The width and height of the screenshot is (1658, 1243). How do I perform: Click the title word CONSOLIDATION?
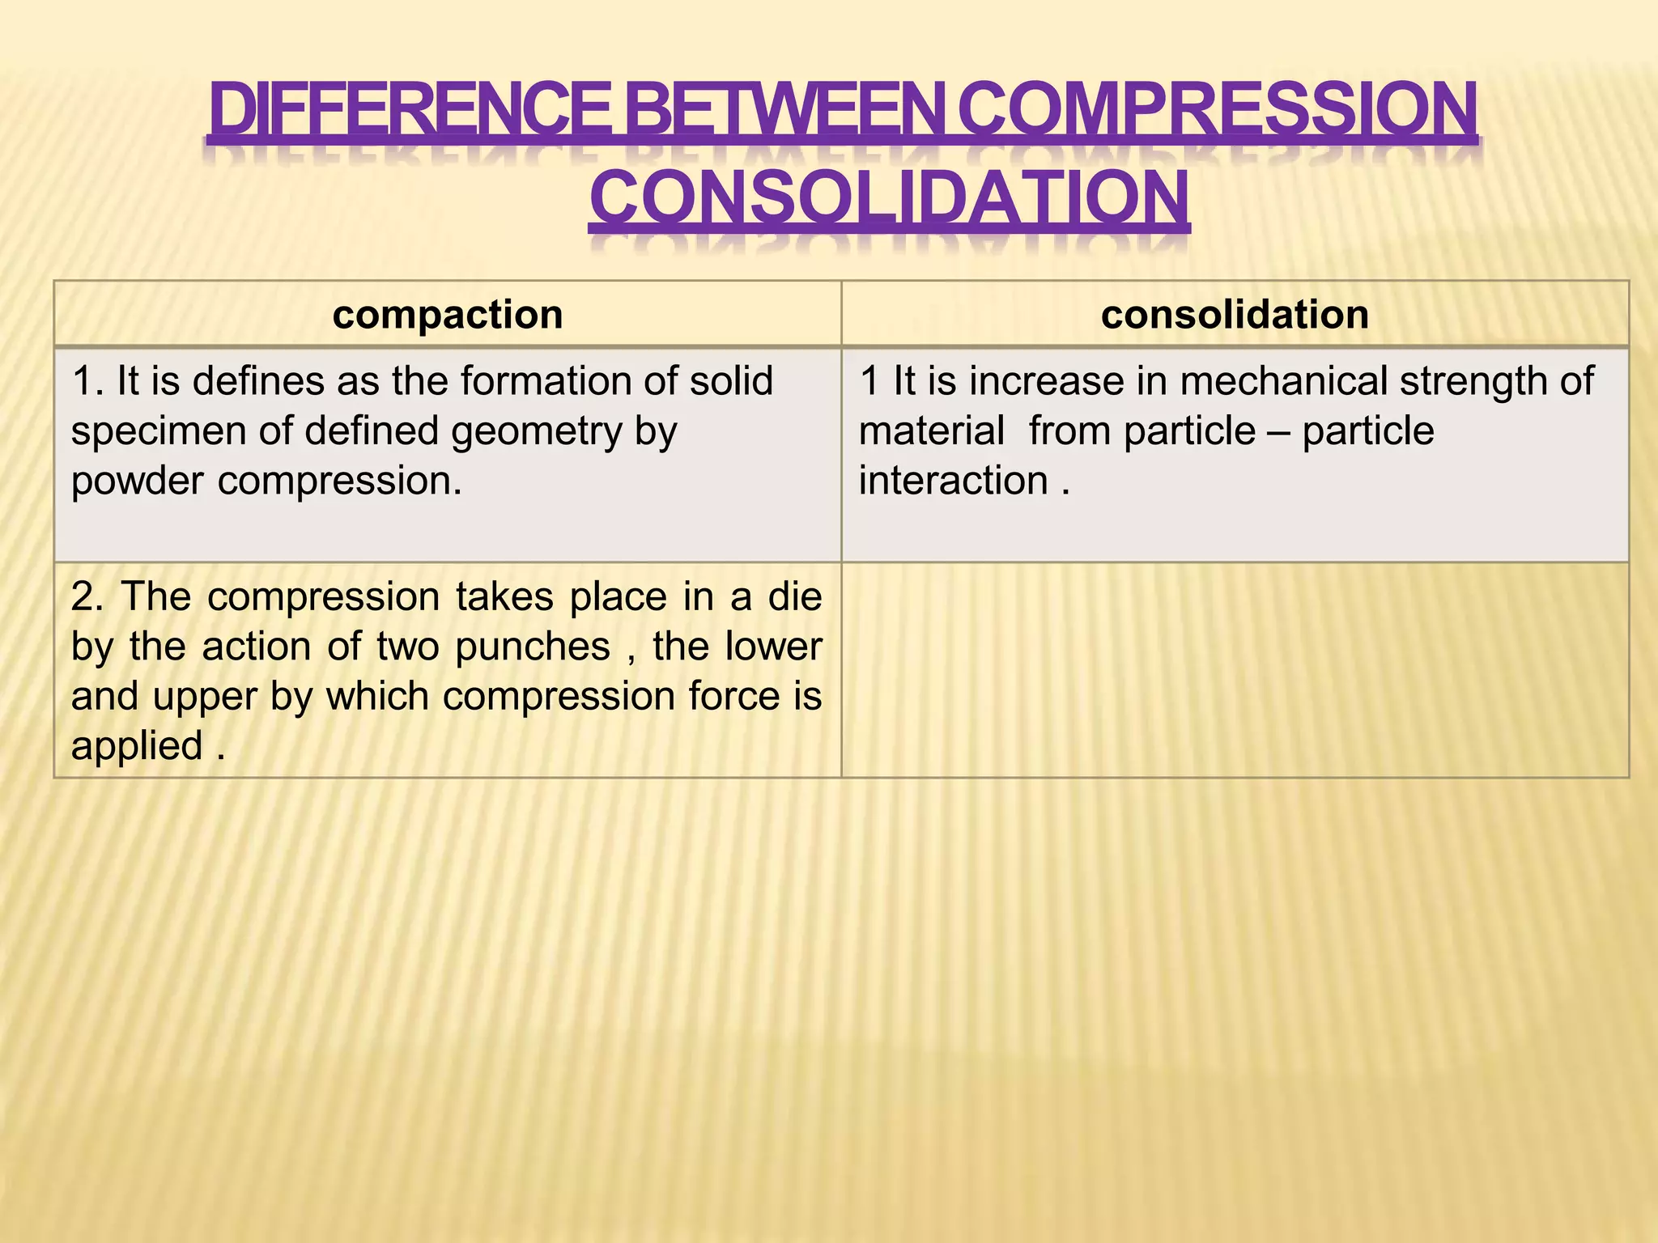pos(889,198)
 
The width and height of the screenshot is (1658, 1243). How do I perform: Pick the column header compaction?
pos(448,315)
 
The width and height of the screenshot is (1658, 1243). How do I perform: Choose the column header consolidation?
pos(1235,315)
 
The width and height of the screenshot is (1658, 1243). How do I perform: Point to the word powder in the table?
pos(137,482)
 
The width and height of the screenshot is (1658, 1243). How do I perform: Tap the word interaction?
pos(953,482)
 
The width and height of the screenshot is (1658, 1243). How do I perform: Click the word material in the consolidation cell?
pos(931,431)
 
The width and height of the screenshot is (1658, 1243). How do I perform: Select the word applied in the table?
pos(136,746)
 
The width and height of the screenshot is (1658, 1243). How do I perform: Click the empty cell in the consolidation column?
pos(1235,670)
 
